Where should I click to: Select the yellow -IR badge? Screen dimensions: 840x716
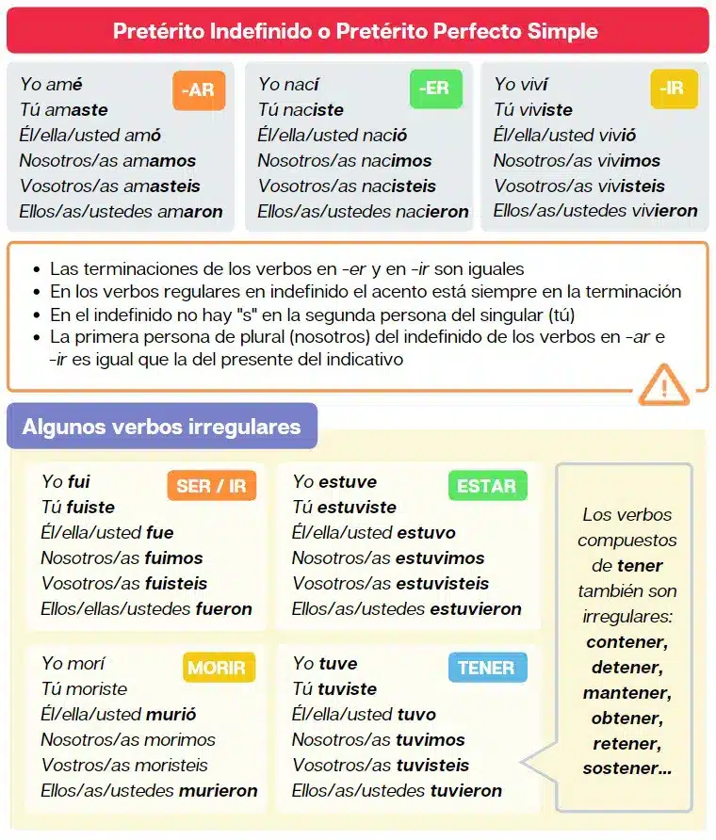[673, 89]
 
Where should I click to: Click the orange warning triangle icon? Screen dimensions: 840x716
[664, 384]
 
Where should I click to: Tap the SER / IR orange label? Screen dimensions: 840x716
[211, 486]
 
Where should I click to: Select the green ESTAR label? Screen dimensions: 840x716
[486, 486]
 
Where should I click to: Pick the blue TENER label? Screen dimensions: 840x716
[486, 668]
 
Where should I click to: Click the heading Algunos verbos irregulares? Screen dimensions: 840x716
[161, 427]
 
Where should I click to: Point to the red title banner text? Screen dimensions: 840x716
[356, 31]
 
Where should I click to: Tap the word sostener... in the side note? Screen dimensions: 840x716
[626, 768]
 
